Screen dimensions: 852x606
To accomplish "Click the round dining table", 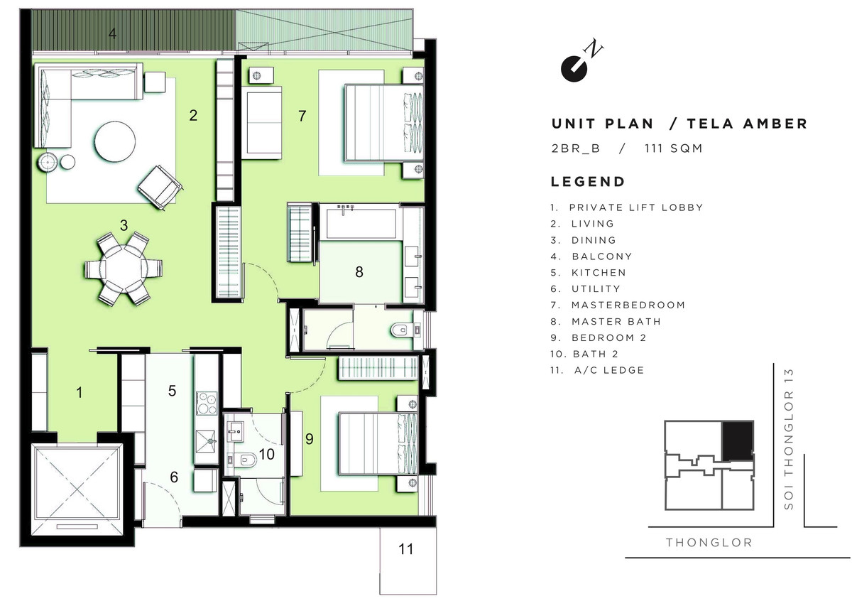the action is [124, 269].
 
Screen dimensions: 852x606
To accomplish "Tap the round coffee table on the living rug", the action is [115, 142].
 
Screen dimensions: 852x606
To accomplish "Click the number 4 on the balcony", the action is [112, 34].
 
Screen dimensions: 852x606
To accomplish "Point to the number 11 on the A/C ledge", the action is [405, 549].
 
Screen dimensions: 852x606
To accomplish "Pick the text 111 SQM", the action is [673, 148].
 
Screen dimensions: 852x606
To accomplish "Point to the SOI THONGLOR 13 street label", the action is [789, 439].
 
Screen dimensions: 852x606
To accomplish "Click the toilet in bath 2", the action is [244, 460].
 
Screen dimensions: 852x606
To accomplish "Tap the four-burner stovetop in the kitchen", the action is [207, 403].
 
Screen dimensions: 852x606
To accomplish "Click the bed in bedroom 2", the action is [378, 444].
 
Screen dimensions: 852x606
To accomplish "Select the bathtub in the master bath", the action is [361, 222].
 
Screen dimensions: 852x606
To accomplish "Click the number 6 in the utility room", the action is [174, 477].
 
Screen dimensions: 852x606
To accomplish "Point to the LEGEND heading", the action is [588, 182].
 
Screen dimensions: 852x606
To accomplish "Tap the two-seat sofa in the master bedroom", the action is [262, 123].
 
